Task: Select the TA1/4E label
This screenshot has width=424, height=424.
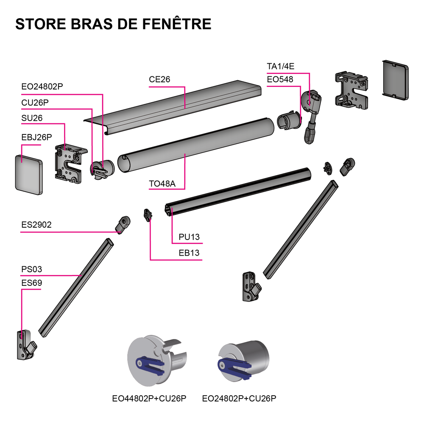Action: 280,66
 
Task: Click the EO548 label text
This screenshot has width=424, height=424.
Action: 280,79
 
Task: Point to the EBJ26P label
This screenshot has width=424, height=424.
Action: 36,137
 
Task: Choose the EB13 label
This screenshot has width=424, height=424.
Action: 189,254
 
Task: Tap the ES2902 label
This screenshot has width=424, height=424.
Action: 36,225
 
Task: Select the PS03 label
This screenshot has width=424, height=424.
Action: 32,269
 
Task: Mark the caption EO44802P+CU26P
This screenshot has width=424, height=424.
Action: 149,399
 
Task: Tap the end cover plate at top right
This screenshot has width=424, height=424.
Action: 396,80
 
